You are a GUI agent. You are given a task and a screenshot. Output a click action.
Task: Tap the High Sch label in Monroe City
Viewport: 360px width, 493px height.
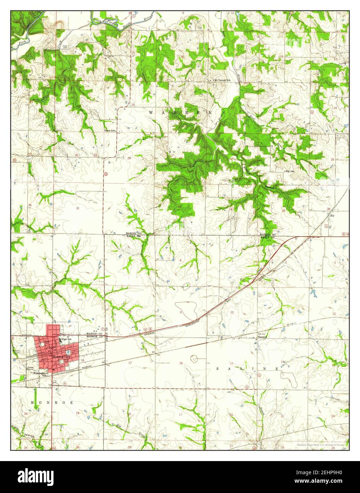pyautogui.click(x=66, y=339)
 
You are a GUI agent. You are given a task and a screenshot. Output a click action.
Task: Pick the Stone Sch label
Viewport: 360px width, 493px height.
pyautogui.click(x=110, y=131)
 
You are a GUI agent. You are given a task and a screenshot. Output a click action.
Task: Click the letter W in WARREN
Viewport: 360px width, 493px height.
pyautogui.click(x=151, y=112)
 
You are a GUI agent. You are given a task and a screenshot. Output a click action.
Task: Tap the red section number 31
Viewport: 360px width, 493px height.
pyautogui.click(x=78, y=208)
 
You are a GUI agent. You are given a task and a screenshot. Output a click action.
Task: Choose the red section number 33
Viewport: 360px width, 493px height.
pyautogui.click(x=180, y=206)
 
